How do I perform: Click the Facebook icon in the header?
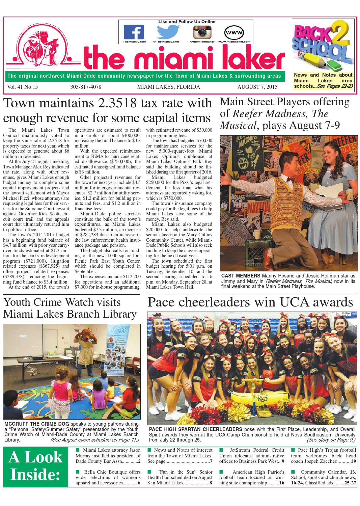(134, 32)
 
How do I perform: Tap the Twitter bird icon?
(166, 32)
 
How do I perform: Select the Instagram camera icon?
(202, 32)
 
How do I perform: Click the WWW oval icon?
(234, 32)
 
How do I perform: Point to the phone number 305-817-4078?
(86, 87)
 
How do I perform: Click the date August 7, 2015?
(257, 87)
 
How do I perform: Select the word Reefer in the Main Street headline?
(250, 113)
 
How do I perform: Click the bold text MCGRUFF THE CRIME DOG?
(37, 424)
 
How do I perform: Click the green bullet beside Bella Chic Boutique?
(78, 472)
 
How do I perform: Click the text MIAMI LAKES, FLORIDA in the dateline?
(168, 87)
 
